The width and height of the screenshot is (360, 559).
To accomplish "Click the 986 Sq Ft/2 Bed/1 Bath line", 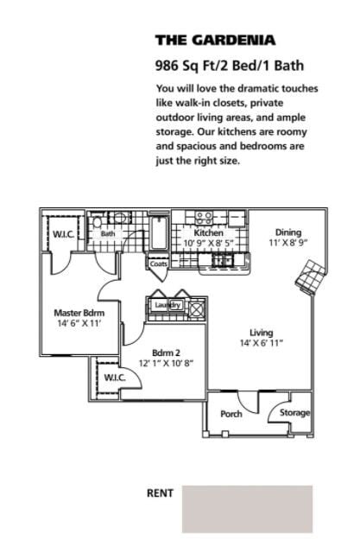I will click(229, 65).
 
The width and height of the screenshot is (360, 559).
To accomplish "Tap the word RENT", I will click(160, 493).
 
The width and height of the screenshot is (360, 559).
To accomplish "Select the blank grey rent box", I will click(247, 509).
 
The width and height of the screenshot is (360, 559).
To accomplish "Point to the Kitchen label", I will click(209, 233).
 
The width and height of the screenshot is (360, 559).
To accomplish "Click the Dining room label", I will click(288, 232).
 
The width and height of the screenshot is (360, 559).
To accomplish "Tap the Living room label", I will click(262, 333).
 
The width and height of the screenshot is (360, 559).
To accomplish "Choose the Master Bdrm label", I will click(79, 313).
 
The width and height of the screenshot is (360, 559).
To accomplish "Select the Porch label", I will click(231, 414).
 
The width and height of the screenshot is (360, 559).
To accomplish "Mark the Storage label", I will click(294, 413).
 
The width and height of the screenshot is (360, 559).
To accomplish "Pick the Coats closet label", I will click(159, 264).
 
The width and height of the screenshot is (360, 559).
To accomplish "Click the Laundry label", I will click(167, 305).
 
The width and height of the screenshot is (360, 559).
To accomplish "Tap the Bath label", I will click(108, 233).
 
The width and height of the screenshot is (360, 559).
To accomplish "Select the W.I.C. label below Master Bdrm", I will click(115, 378).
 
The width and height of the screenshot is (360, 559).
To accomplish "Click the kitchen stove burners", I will click(205, 217).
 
